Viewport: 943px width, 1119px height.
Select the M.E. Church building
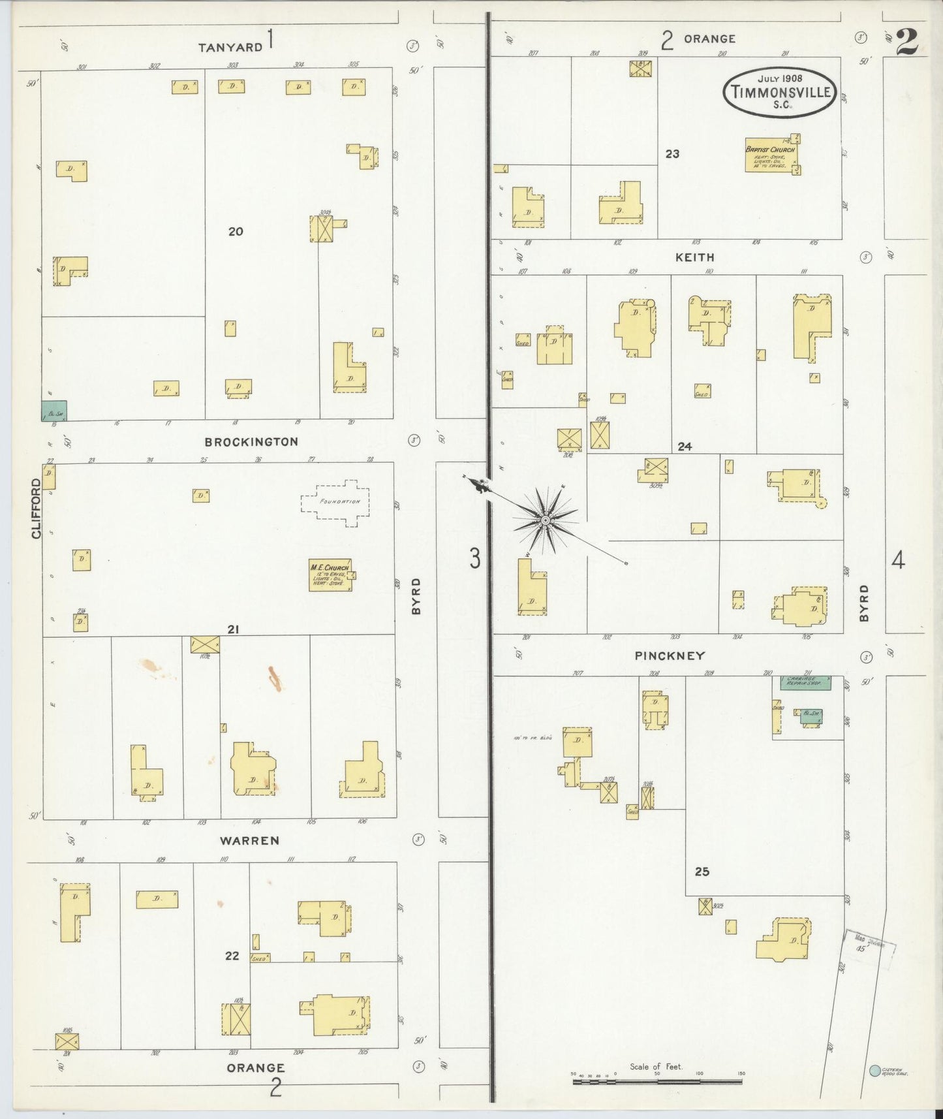click(330, 575)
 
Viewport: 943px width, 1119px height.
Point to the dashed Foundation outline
click(335, 502)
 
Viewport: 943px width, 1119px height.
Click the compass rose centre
click(545, 520)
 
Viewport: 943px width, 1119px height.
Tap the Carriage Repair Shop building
click(806, 683)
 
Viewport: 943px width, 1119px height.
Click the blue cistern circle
click(874, 1071)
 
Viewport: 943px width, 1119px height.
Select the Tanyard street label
click(230, 47)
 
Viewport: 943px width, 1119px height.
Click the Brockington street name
click(251, 442)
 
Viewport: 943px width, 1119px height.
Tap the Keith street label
click(694, 258)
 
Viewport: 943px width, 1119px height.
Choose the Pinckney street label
click(670, 655)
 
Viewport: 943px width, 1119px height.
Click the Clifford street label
click(36, 509)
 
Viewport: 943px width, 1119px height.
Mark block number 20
click(236, 231)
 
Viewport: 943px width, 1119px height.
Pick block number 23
click(672, 154)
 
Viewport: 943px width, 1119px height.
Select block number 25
click(702, 872)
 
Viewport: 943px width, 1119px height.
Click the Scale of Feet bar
click(657, 1082)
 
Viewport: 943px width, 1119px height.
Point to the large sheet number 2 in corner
click(906, 43)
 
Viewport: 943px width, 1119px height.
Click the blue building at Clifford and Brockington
click(54, 411)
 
